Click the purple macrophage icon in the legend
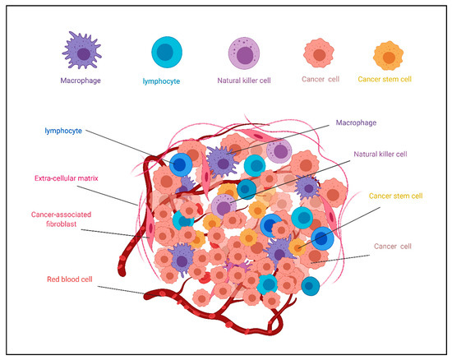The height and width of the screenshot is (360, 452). pos(81,51)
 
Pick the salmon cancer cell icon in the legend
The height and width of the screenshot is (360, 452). pos(320,54)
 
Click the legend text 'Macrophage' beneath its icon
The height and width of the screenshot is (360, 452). pos(81,81)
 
